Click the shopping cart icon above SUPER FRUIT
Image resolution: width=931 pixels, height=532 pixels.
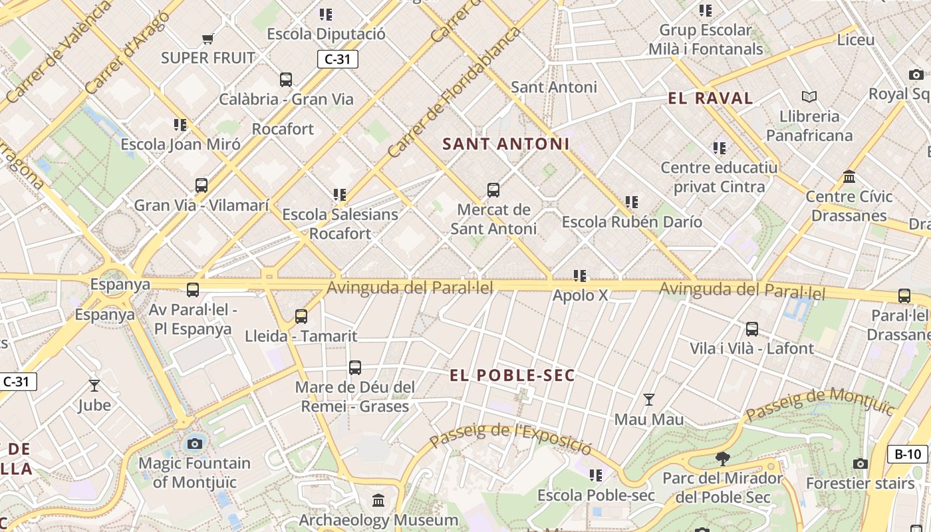(207, 39)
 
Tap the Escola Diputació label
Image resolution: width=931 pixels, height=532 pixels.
(326, 34)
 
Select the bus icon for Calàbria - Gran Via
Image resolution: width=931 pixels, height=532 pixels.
(286, 80)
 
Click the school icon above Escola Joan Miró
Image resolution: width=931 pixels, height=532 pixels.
(180, 124)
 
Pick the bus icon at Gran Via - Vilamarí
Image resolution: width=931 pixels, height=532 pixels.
(201, 186)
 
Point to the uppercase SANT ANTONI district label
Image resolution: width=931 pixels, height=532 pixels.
(506, 144)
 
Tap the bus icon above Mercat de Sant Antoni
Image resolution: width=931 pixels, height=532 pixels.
(493, 190)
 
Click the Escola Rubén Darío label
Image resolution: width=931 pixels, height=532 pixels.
(632, 221)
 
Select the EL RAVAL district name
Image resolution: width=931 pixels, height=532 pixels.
(710, 99)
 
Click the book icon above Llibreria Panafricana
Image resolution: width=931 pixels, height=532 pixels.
(809, 97)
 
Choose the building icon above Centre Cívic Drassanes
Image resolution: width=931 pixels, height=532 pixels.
(849, 177)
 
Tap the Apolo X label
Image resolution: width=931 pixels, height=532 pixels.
(580, 295)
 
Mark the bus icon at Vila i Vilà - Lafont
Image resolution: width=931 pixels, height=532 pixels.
(752, 329)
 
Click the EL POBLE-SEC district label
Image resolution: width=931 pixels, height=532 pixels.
(512, 376)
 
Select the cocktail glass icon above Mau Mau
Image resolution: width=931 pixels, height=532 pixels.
(649, 400)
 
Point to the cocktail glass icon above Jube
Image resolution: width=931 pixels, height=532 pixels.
(94, 385)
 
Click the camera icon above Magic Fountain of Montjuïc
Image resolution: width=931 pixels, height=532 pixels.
(195, 444)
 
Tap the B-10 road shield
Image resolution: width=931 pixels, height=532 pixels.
(908, 454)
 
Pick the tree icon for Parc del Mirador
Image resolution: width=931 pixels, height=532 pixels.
(723, 458)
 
